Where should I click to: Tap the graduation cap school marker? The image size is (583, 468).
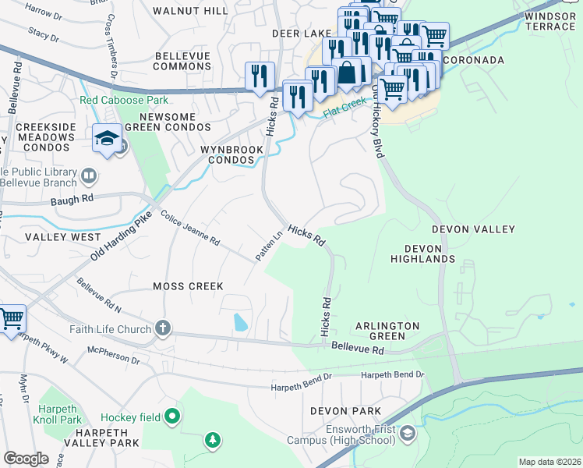pyautogui.click(x=107, y=140)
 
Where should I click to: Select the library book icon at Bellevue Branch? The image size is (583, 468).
pyautogui.click(x=88, y=175)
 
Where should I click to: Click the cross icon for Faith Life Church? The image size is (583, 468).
pyautogui.click(x=162, y=328)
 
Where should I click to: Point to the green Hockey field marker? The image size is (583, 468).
pyautogui.click(x=173, y=417)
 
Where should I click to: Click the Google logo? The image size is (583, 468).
pyautogui.click(x=26, y=459)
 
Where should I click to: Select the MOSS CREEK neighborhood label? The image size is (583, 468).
pyautogui.click(x=188, y=286)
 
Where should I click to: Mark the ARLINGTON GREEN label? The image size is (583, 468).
pyautogui.click(x=387, y=331)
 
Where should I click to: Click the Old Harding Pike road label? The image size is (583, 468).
pyautogui.click(x=118, y=234)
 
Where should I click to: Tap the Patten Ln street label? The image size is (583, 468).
pyautogui.click(x=268, y=246)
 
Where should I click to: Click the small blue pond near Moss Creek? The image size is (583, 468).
pyautogui.click(x=241, y=321)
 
